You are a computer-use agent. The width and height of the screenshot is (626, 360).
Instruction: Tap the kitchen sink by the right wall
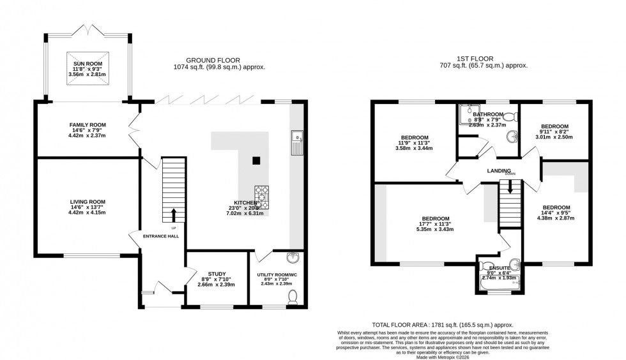(x=296, y=144)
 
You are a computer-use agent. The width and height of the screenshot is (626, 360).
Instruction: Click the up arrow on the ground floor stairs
(x=172, y=214)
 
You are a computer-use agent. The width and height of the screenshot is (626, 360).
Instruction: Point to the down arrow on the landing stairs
(x=510, y=188)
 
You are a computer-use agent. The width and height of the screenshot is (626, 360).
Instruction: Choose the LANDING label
(x=499, y=171)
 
